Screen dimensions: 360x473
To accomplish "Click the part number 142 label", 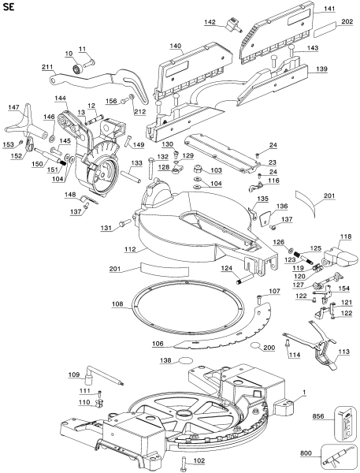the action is point(210,22).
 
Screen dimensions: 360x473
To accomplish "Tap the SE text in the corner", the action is point(9,7).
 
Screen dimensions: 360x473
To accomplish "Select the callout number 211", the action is point(47,67).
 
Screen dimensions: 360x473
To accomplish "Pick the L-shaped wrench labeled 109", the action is point(104,374).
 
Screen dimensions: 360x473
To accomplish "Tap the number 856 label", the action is point(317,416).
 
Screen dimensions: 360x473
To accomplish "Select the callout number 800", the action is point(306,453).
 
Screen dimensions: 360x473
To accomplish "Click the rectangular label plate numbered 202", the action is point(325,30).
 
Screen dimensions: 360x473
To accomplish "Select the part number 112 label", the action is point(130,250).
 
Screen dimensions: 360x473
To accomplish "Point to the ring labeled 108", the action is point(187,307).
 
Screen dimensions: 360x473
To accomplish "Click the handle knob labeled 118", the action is point(341,257).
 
